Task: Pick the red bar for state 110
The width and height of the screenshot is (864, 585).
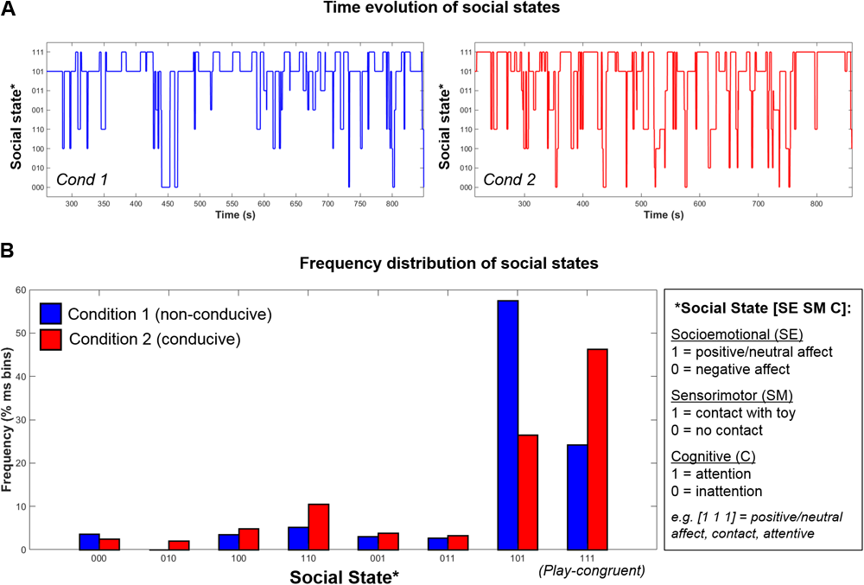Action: (x=318, y=526)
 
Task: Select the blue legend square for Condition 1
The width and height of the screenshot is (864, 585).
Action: (x=51, y=314)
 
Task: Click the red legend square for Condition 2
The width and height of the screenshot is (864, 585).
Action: (x=51, y=339)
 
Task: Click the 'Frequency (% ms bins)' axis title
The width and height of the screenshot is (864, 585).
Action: (x=8, y=419)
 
